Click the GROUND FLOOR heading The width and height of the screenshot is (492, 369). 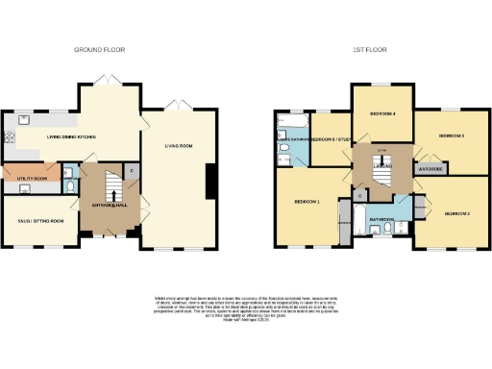(102, 49)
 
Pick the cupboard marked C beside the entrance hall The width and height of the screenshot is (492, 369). (132, 170)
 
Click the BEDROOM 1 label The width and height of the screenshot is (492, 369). (307, 203)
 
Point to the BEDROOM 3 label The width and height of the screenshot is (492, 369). (452, 136)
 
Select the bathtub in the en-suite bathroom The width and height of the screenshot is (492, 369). (289, 125)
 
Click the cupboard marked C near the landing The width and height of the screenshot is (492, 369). (357, 196)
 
